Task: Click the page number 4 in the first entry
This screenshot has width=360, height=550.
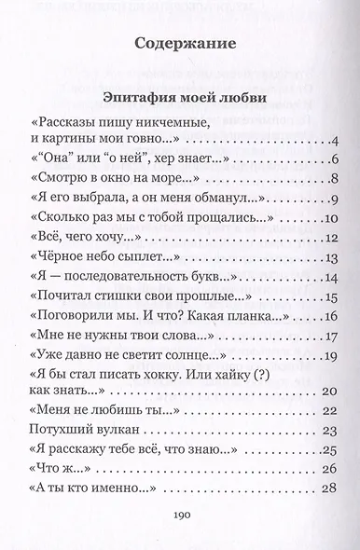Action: pyautogui.click(x=331, y=143)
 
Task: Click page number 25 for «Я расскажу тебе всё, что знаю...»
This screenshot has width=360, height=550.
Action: pyautogui.click(x=326, y=449)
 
